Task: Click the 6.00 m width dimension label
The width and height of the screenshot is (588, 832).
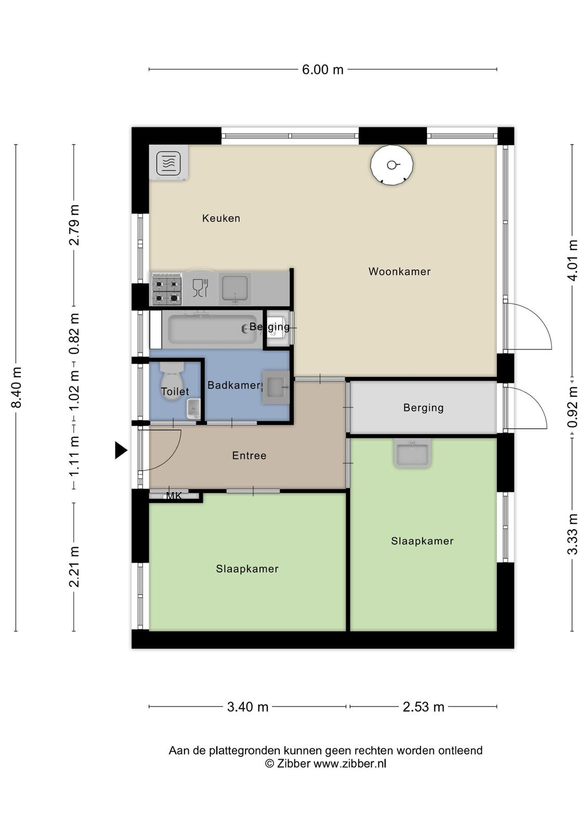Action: pyautogui.click(x=322, y=70)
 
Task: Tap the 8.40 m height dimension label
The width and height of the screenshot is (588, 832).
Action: pyautogui.click(x=17, y=387)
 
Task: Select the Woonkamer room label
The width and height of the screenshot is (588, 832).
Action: pyautogui.click(x=399, y=271)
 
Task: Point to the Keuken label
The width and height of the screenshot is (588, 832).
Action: pyautogui.click(x=221, y=218)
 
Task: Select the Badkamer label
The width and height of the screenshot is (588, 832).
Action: pyautogui.click(x=235, y=385)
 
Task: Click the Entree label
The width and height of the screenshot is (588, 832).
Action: pyautogui.click(x=249, y=456)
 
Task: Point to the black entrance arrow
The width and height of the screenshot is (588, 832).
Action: pyautogui.click(x=121, y=450)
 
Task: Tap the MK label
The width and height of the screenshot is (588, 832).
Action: pyautogui.click(x=174, y=496)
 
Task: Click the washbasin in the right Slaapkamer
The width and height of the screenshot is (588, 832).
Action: pyautogui.click(x=412, y=453)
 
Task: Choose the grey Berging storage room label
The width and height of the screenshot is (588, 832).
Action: pyautogui.click(x=423, y=408)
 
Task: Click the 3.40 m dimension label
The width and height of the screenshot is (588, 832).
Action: pyautogui.click(x=248, y=707)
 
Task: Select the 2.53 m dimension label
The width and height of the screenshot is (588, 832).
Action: pyautogui.click(x=423, y=707)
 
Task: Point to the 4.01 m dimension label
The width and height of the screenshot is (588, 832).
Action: pyautogui.click(x=572, y=260)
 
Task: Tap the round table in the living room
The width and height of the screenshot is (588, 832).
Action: pyautogui.click(x=392, y=164)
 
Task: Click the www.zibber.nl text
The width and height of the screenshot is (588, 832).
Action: pyautogui.click(x=350, y=763)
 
